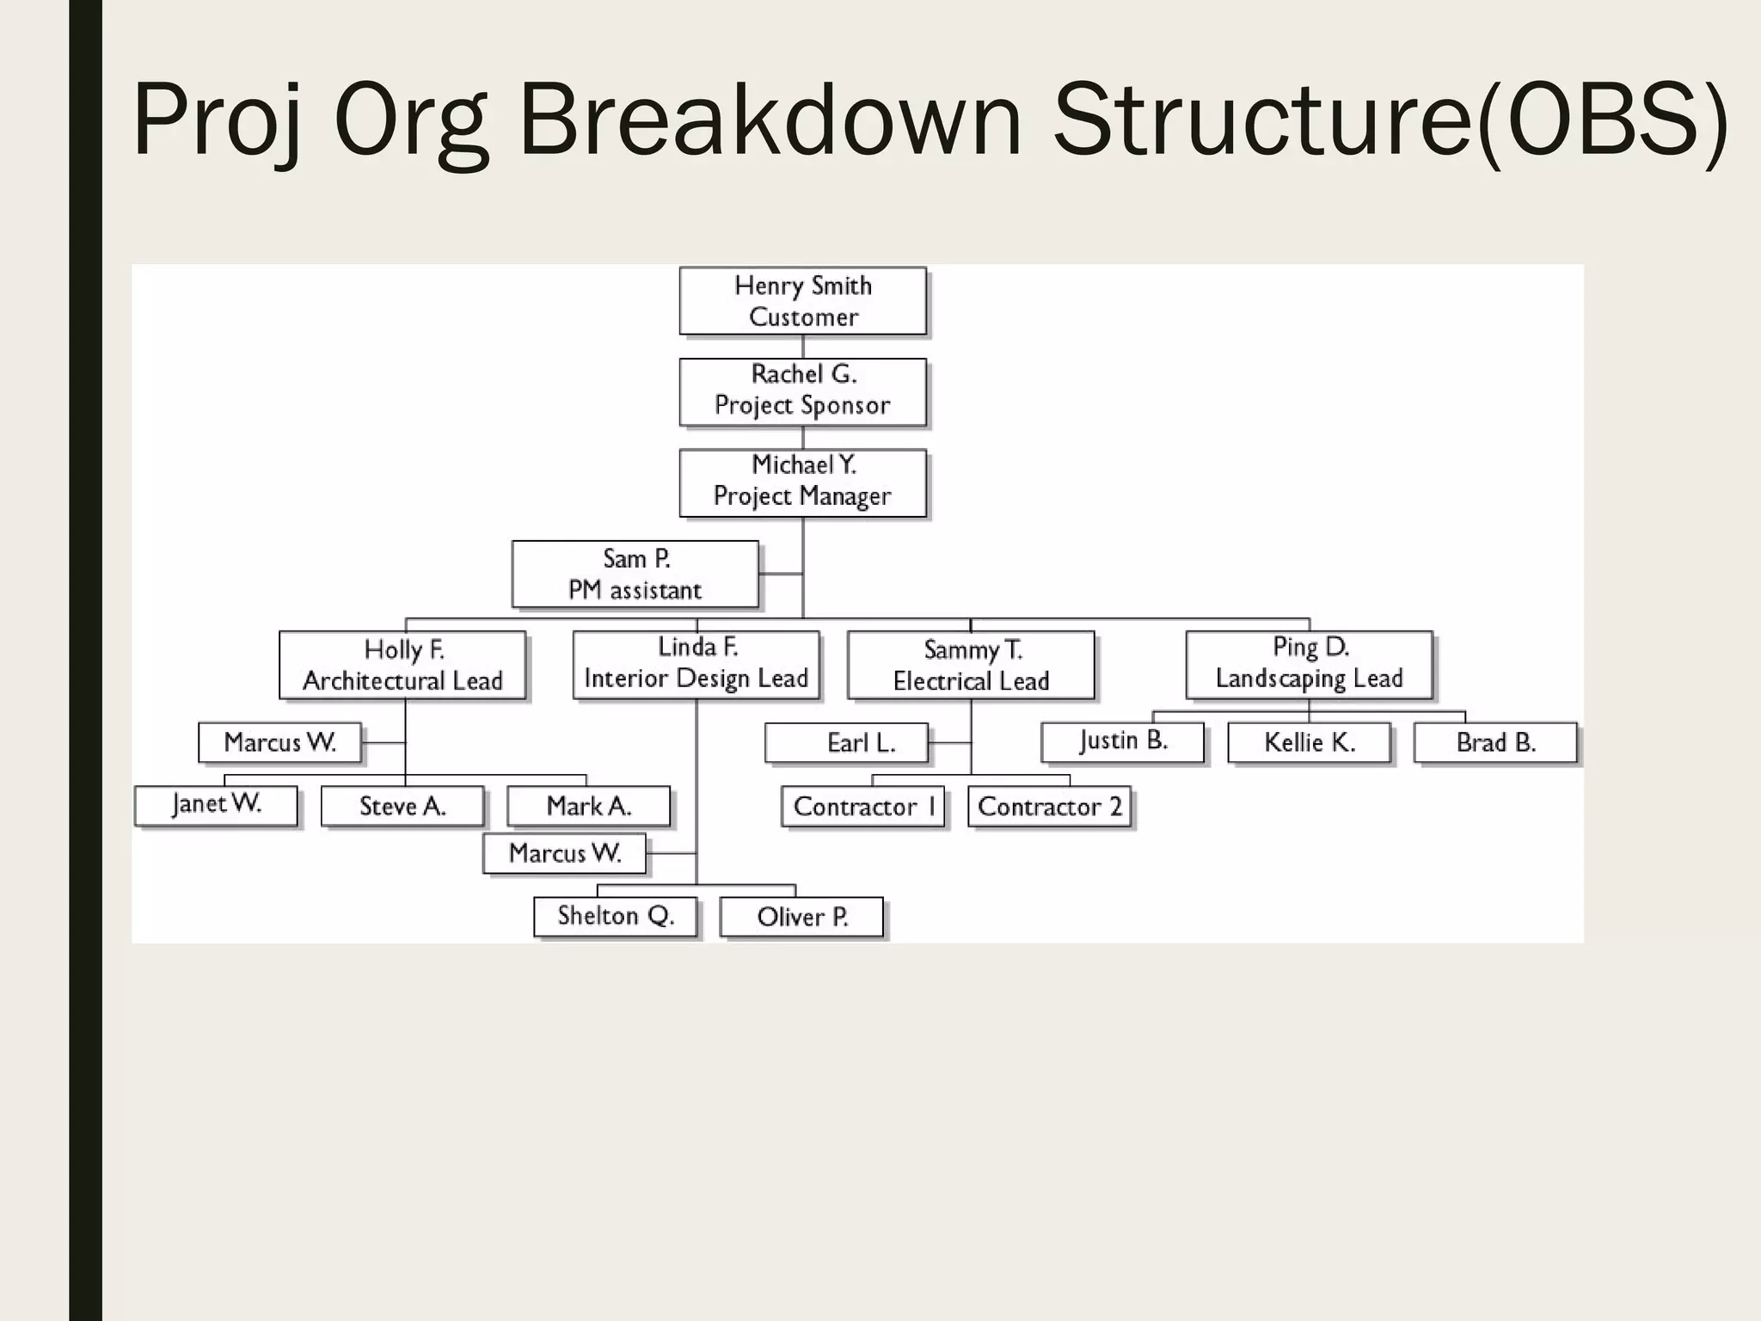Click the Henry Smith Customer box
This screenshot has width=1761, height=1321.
[802, 301]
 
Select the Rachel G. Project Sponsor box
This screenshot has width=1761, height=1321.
[802, 391]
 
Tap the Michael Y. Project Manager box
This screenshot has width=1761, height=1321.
[802, 482]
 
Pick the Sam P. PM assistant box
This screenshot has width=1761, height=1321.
[635, 574]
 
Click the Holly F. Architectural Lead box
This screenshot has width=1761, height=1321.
[402, 665]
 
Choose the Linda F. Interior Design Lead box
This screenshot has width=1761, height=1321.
[696, 665]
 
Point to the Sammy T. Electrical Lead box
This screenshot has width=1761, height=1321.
[971, 665]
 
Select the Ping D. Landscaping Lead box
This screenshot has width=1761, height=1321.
[1309, 665]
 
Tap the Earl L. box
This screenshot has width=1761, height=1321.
[847, 742]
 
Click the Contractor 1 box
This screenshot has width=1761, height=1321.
[863, 807]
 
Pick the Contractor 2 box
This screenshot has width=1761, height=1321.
[1049, 807]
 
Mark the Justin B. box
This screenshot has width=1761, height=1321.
[1122, 742]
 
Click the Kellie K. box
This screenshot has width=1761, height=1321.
[1309, 742]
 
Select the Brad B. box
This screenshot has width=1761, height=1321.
[1495, 742]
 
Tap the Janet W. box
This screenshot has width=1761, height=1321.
[216, 806]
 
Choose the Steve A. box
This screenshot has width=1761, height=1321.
[402, 807]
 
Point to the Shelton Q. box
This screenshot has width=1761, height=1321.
[615, 917]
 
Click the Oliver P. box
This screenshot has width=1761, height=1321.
[801, 917]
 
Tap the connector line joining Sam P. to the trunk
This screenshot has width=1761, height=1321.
[781, 574]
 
